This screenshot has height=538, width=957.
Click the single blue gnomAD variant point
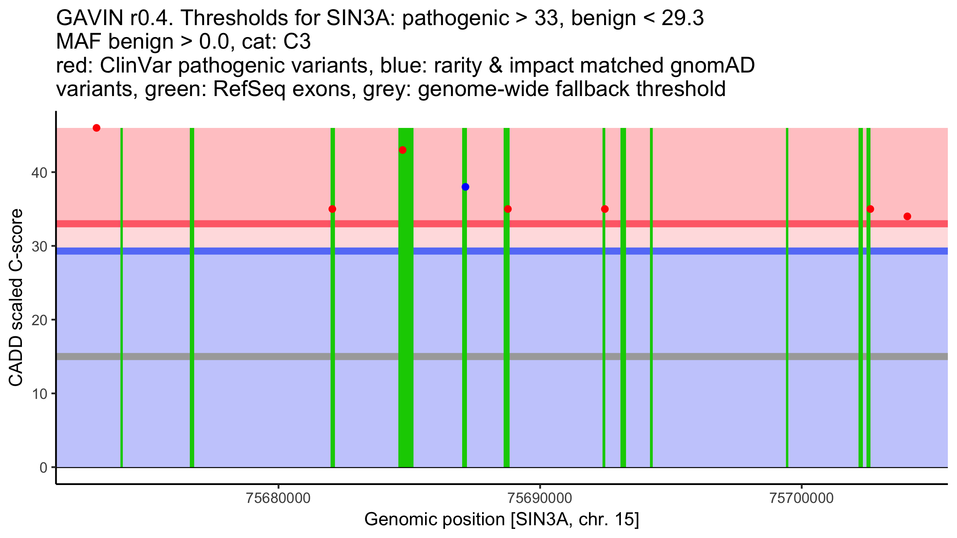(465, 187)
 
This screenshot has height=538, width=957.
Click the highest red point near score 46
(96, 128)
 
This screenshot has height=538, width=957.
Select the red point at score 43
(403, 150)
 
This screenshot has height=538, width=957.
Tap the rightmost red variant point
(907, 216)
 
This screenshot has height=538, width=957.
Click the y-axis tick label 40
(39, 173)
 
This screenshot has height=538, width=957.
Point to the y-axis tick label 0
(43, 467)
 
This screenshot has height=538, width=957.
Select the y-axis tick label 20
(39, 320)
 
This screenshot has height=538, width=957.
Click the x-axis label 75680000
(278, 499)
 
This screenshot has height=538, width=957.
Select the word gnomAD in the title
(712, 66)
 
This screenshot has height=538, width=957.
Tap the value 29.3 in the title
(682, 18)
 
